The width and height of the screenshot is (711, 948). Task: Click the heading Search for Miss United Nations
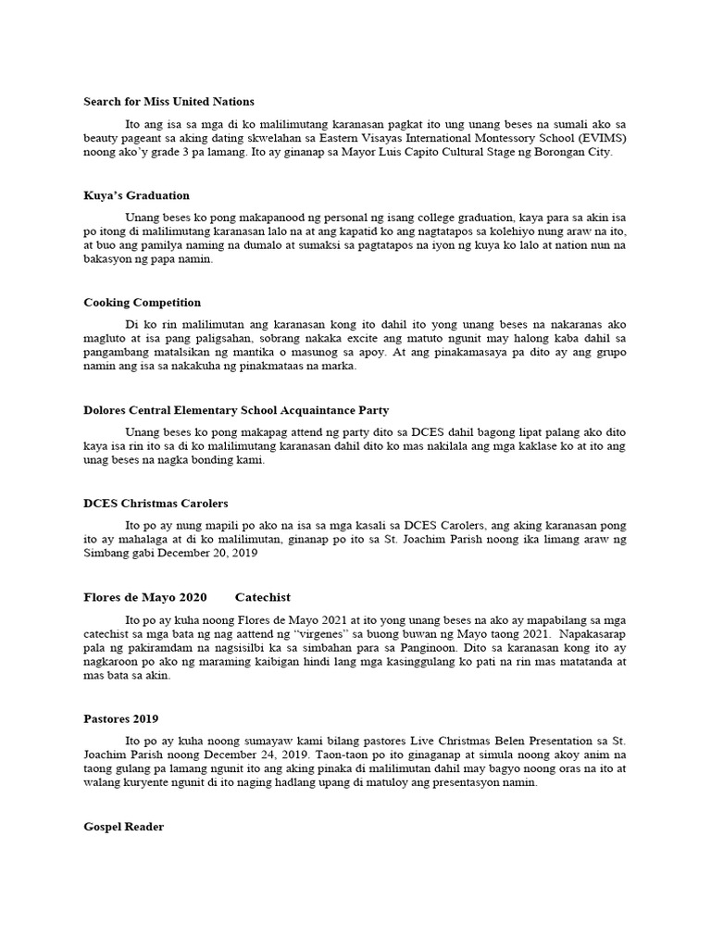[168, 101]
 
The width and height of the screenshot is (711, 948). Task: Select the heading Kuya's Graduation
[136, 195]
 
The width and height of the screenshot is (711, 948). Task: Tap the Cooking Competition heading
[142, 303]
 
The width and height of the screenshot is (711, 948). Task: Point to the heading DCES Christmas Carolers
[156, 503]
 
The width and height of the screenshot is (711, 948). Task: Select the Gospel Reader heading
[123, 827]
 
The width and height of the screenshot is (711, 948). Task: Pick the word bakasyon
[109, 261]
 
